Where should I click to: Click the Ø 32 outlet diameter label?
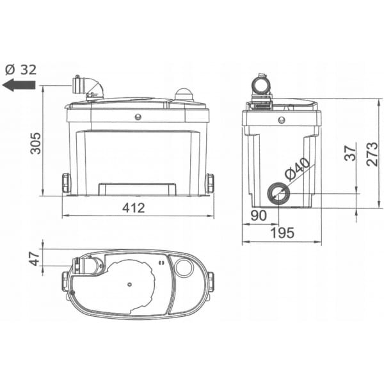(x=21, y=70)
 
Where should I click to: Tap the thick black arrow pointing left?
(x=19, y=85)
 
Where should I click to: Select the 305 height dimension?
(x=36, y=143)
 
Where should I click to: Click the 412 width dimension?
(x=134, y=208)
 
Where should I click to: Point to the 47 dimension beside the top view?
(x=35, y=258)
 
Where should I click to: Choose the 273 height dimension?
(x=372, y=154)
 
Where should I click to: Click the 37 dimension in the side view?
(x=350, y=153)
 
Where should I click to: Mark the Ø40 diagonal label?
(x=298, y=169)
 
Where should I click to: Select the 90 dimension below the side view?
(x=259, y=216)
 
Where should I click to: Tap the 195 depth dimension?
(x=282, y=233)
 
